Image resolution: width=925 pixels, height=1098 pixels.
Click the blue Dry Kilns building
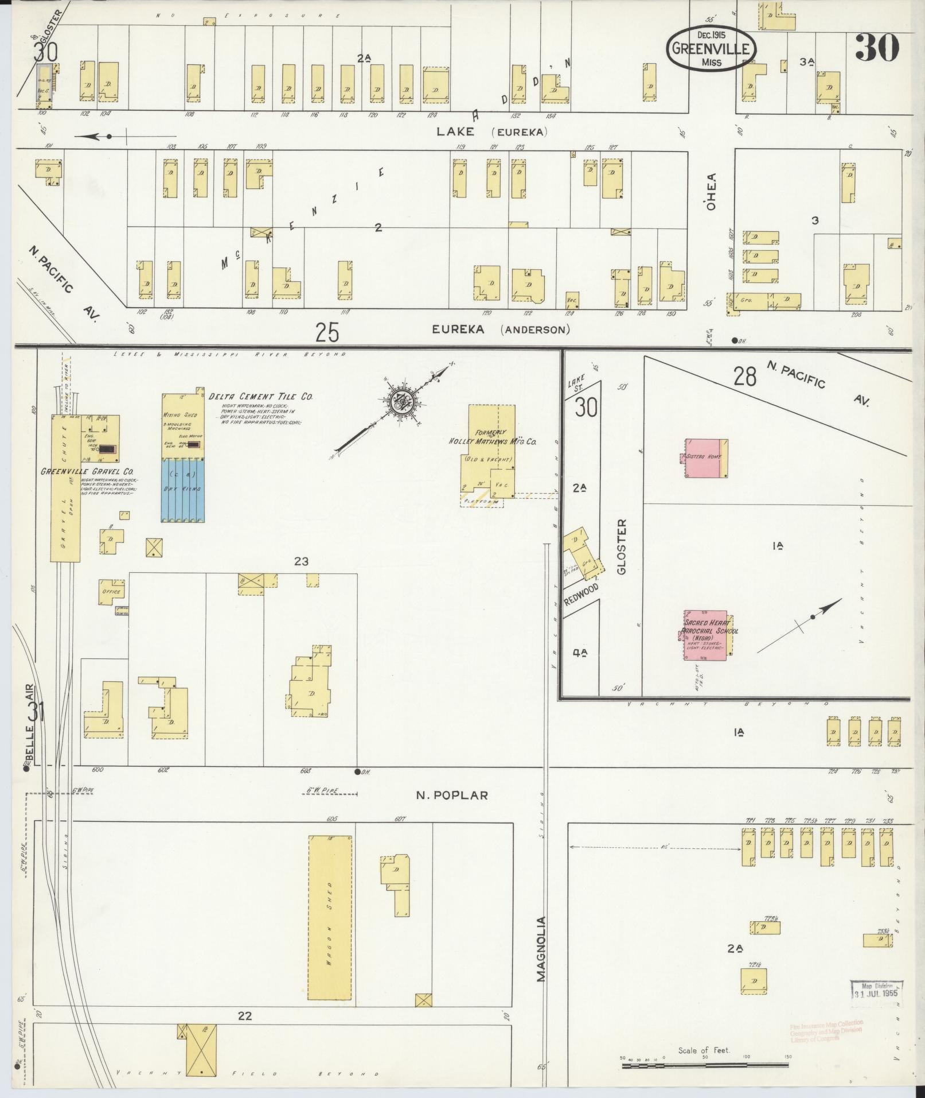coord(184,489)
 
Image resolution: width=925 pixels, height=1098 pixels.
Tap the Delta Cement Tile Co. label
coord(261,396)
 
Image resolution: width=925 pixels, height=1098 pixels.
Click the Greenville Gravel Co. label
coord(84,471)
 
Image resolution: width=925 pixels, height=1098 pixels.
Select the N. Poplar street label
coord(452,795)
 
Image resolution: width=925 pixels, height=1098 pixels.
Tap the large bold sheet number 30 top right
coord(877,48)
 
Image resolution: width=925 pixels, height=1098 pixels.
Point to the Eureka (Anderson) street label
coord(501,329)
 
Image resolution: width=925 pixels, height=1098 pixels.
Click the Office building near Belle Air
coord(111,591)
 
